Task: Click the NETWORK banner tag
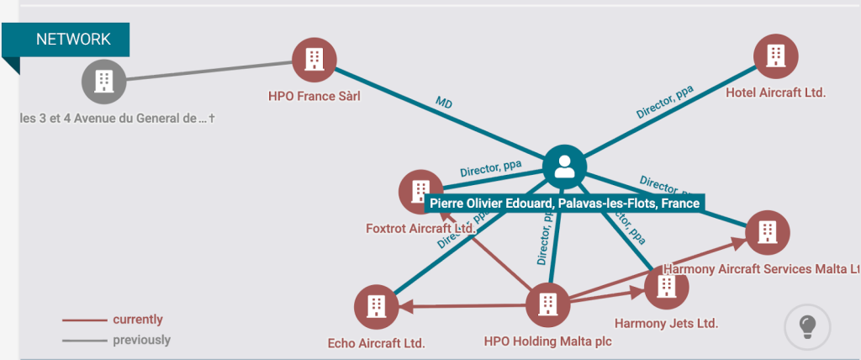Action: tap(73, 40)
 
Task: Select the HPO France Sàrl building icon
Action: tap(314, 60)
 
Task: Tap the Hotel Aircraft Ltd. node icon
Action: tap(776, 56)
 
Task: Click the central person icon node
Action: tap(564, 167)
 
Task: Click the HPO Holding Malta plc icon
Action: tap(547, 304)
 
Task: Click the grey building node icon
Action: tap(103, 82)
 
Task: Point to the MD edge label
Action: tap(444, 103)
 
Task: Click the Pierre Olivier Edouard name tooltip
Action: tap(564, 203)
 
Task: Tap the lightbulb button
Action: tap(807, 326)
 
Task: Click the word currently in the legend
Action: tap(138, 320)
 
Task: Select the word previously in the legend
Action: tap(141, 340)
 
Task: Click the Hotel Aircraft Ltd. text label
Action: tap(776, 93)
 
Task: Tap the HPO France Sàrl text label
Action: tap(314, 96)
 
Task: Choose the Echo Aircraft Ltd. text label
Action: tap(376, 343)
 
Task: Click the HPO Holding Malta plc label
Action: tap(547, 341)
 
